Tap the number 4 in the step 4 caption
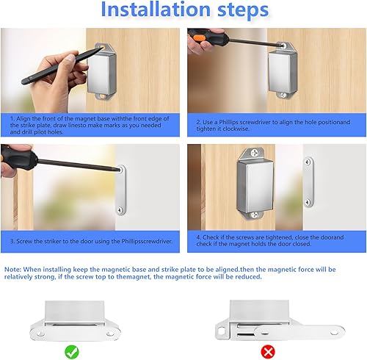(x=198, y=236)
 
